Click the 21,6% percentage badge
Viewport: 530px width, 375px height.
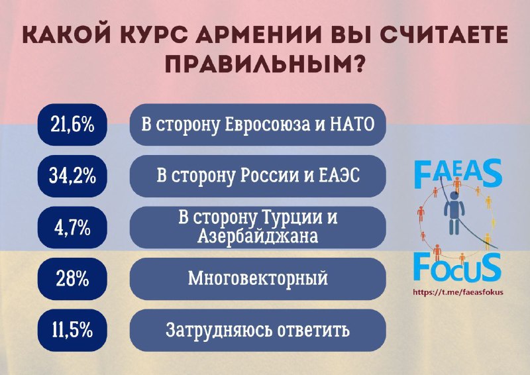coord(72,125)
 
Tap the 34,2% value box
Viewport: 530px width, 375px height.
coord(72,176)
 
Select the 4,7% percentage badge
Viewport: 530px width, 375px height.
coord(72,227)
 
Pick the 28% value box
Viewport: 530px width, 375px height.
coord(72,279)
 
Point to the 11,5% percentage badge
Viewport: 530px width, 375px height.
coord(72,330)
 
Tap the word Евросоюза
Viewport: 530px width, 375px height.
coord(267,125)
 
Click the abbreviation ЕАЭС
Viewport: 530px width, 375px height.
coord(339,176)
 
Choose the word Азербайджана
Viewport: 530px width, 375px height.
coord(258,237)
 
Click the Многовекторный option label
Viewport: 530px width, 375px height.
coord(258,279)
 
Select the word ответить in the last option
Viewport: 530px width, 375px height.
coord(313,331)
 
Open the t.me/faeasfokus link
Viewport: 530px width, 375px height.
coord(458,292)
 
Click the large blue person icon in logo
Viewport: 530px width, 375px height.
coord(454,214)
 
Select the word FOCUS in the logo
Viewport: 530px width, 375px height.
coord(457,268)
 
